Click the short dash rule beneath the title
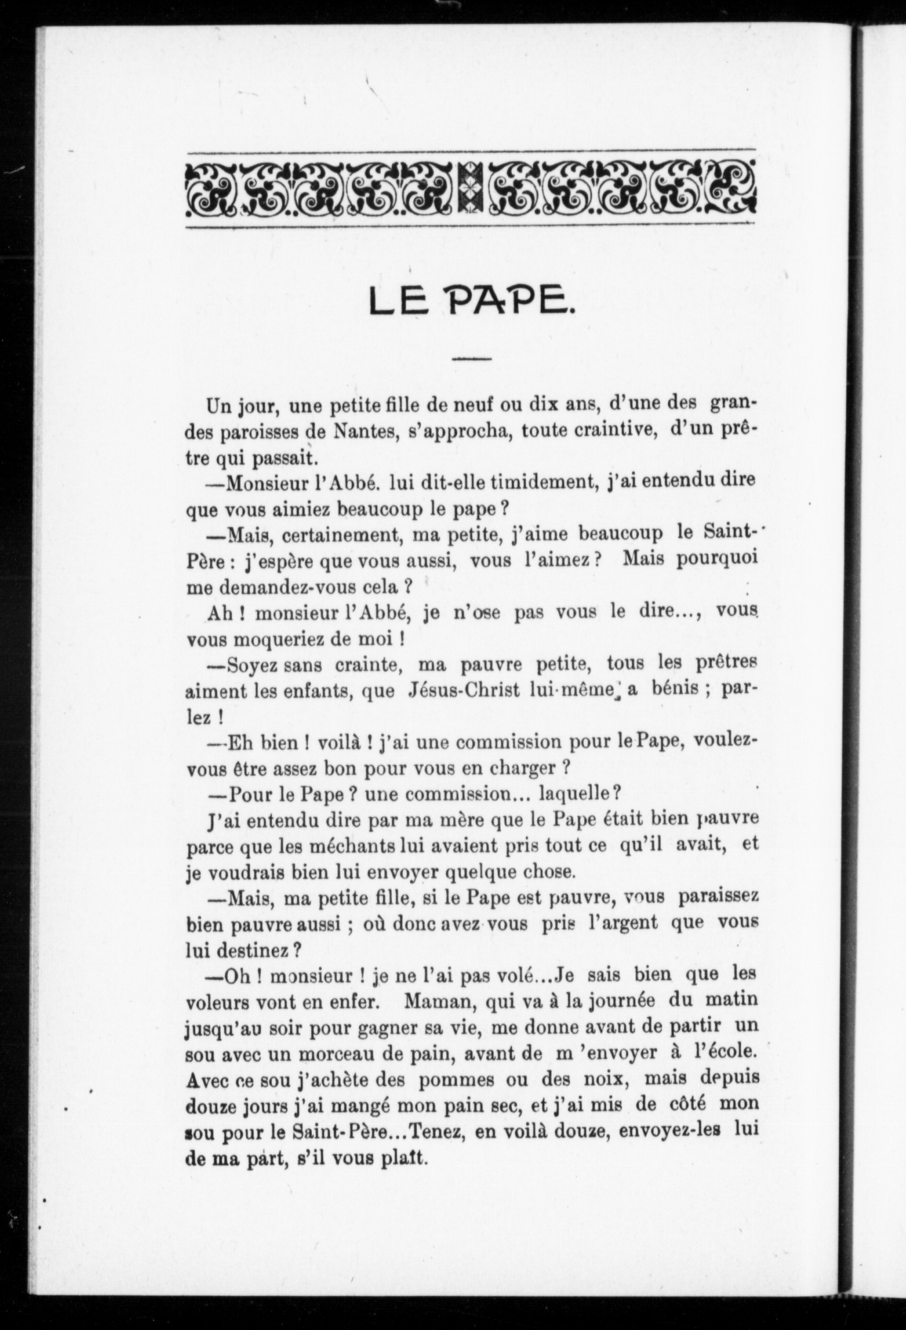(x=472, y=360)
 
